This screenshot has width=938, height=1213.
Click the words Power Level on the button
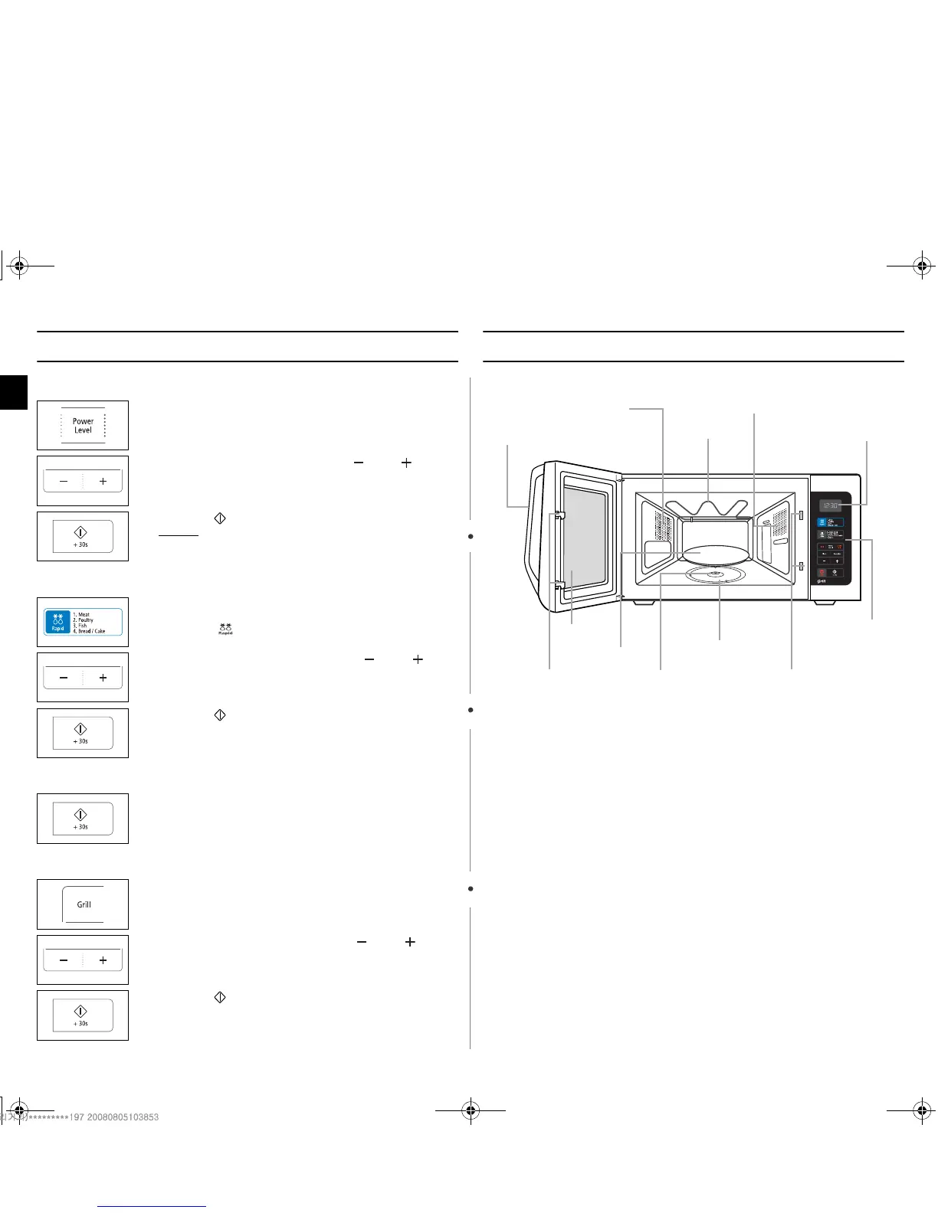[x=83, y=426]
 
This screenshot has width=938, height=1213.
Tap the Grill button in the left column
[x=84, y=904]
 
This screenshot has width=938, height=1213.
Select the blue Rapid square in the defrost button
[x=57, y=622]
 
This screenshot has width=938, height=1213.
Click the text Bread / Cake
[x=90, y=631]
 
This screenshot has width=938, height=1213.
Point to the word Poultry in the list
[x=85, y=620]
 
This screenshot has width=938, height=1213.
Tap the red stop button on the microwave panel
[x=822, y=572]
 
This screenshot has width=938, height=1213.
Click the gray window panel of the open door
[x=585, y=544]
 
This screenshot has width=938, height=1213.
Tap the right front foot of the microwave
[x=825, y=603]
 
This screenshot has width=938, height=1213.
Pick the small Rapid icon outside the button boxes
[x=225, y=629]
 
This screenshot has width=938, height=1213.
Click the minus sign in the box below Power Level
[x=64, y=482]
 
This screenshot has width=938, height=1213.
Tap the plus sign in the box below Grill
[x=103, y=960]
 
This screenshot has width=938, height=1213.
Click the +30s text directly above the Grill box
[x=80, y=827]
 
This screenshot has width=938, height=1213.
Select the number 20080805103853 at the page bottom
[x=123, y=1117]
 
